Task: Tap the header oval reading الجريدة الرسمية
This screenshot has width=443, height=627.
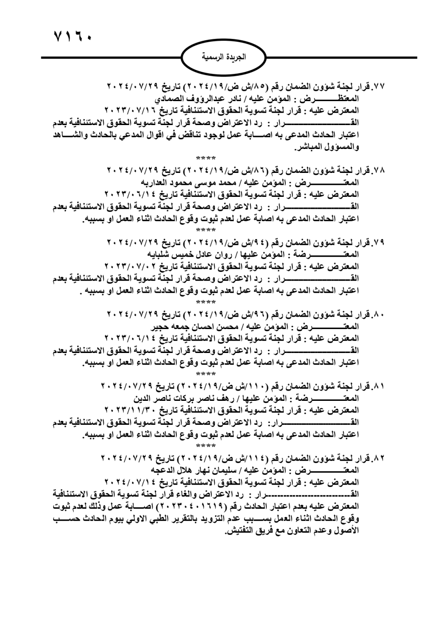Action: [x=224, y=58]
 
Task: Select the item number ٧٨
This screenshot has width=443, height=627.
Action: [x=379, y=170]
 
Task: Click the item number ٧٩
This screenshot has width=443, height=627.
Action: [x=379, y=243]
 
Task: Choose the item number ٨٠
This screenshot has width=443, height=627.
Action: [x=379, y=314]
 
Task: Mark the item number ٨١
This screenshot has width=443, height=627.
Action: [x=379, y=386]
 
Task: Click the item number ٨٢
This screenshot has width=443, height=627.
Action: [x=379, y=457]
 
